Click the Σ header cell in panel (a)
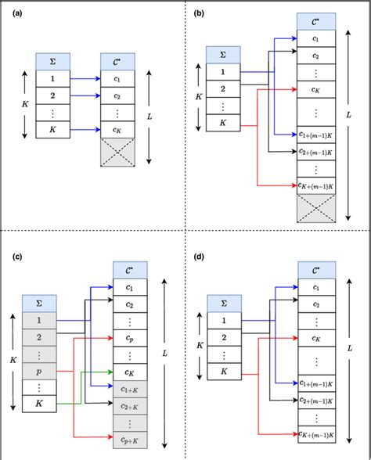53,61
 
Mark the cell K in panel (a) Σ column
53,130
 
